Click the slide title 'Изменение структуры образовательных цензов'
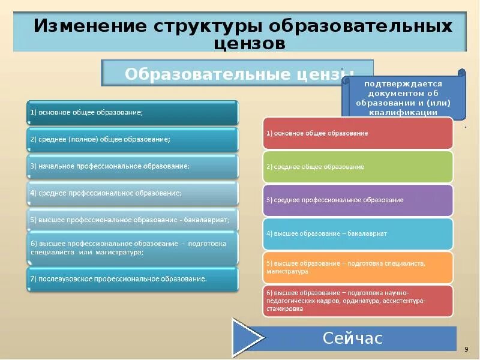(x=242, y=34)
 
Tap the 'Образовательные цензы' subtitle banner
(x=238, y=74)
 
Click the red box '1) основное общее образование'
(x=358, y=133)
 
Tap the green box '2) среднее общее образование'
(x=358, y=167)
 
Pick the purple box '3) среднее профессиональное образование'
(x=358, y=200)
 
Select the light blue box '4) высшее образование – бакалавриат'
(x=358, y=233)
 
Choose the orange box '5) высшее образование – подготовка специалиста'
(x=358, y=268)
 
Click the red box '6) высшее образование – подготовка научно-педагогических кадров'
(x=358, y=301)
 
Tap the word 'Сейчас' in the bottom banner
(x=352, y=338)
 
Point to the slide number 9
(x=466, y=349)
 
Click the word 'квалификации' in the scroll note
(x=403, y=112)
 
